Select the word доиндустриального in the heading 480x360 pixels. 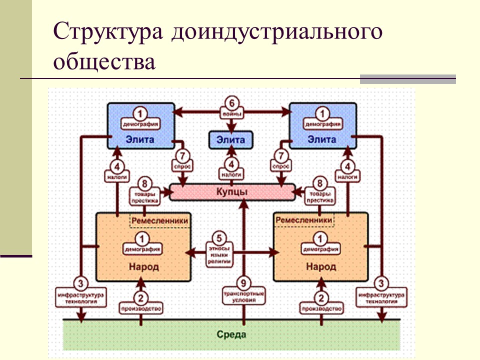point(277,32)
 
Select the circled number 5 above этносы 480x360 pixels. point(219,238)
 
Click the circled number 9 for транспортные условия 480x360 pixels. point(243,283)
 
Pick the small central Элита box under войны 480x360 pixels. point(231,140)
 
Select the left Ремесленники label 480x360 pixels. point(159,220)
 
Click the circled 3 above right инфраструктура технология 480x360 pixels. point(381,283)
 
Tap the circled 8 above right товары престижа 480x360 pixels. point(319,183)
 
